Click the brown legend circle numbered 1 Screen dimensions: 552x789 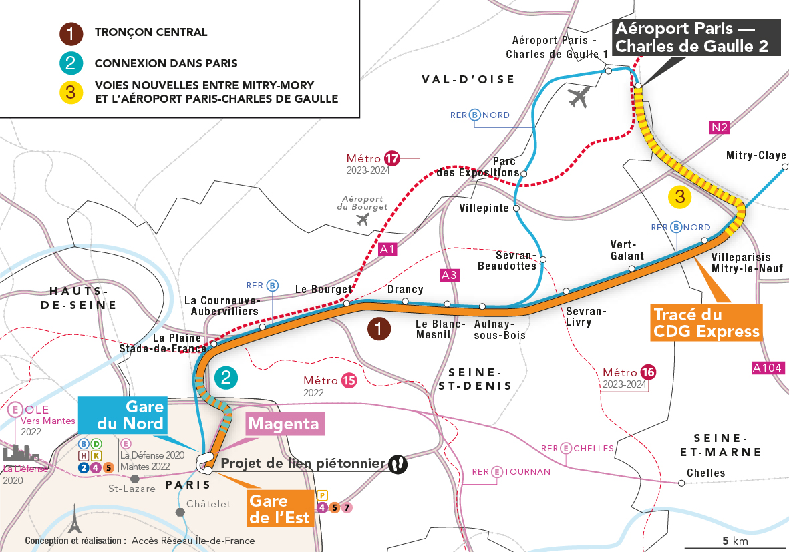pos(70,33)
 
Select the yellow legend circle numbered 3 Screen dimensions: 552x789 pos(70,91)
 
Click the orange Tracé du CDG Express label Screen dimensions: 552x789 pos(706,323)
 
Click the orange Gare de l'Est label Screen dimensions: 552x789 pos(279,509)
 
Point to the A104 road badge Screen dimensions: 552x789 pos(768,368)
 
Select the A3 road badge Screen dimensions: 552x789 pos(449,274)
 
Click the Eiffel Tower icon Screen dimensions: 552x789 pos(73,518)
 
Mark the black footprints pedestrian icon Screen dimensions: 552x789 pos(398,463)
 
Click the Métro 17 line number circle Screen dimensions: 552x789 pos(391,159)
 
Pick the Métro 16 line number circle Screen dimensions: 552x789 pos(647,372)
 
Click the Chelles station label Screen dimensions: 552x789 pos(705,473)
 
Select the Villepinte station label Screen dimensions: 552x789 pos(484,208)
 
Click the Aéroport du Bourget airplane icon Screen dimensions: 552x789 pos(363,220)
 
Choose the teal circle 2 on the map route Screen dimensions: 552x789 pos(226,378)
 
